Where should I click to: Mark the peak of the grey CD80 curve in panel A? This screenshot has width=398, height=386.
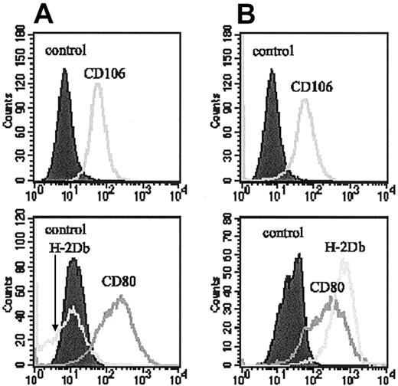point(120,296)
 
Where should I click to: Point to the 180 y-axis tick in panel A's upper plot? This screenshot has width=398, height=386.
point(22,34)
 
